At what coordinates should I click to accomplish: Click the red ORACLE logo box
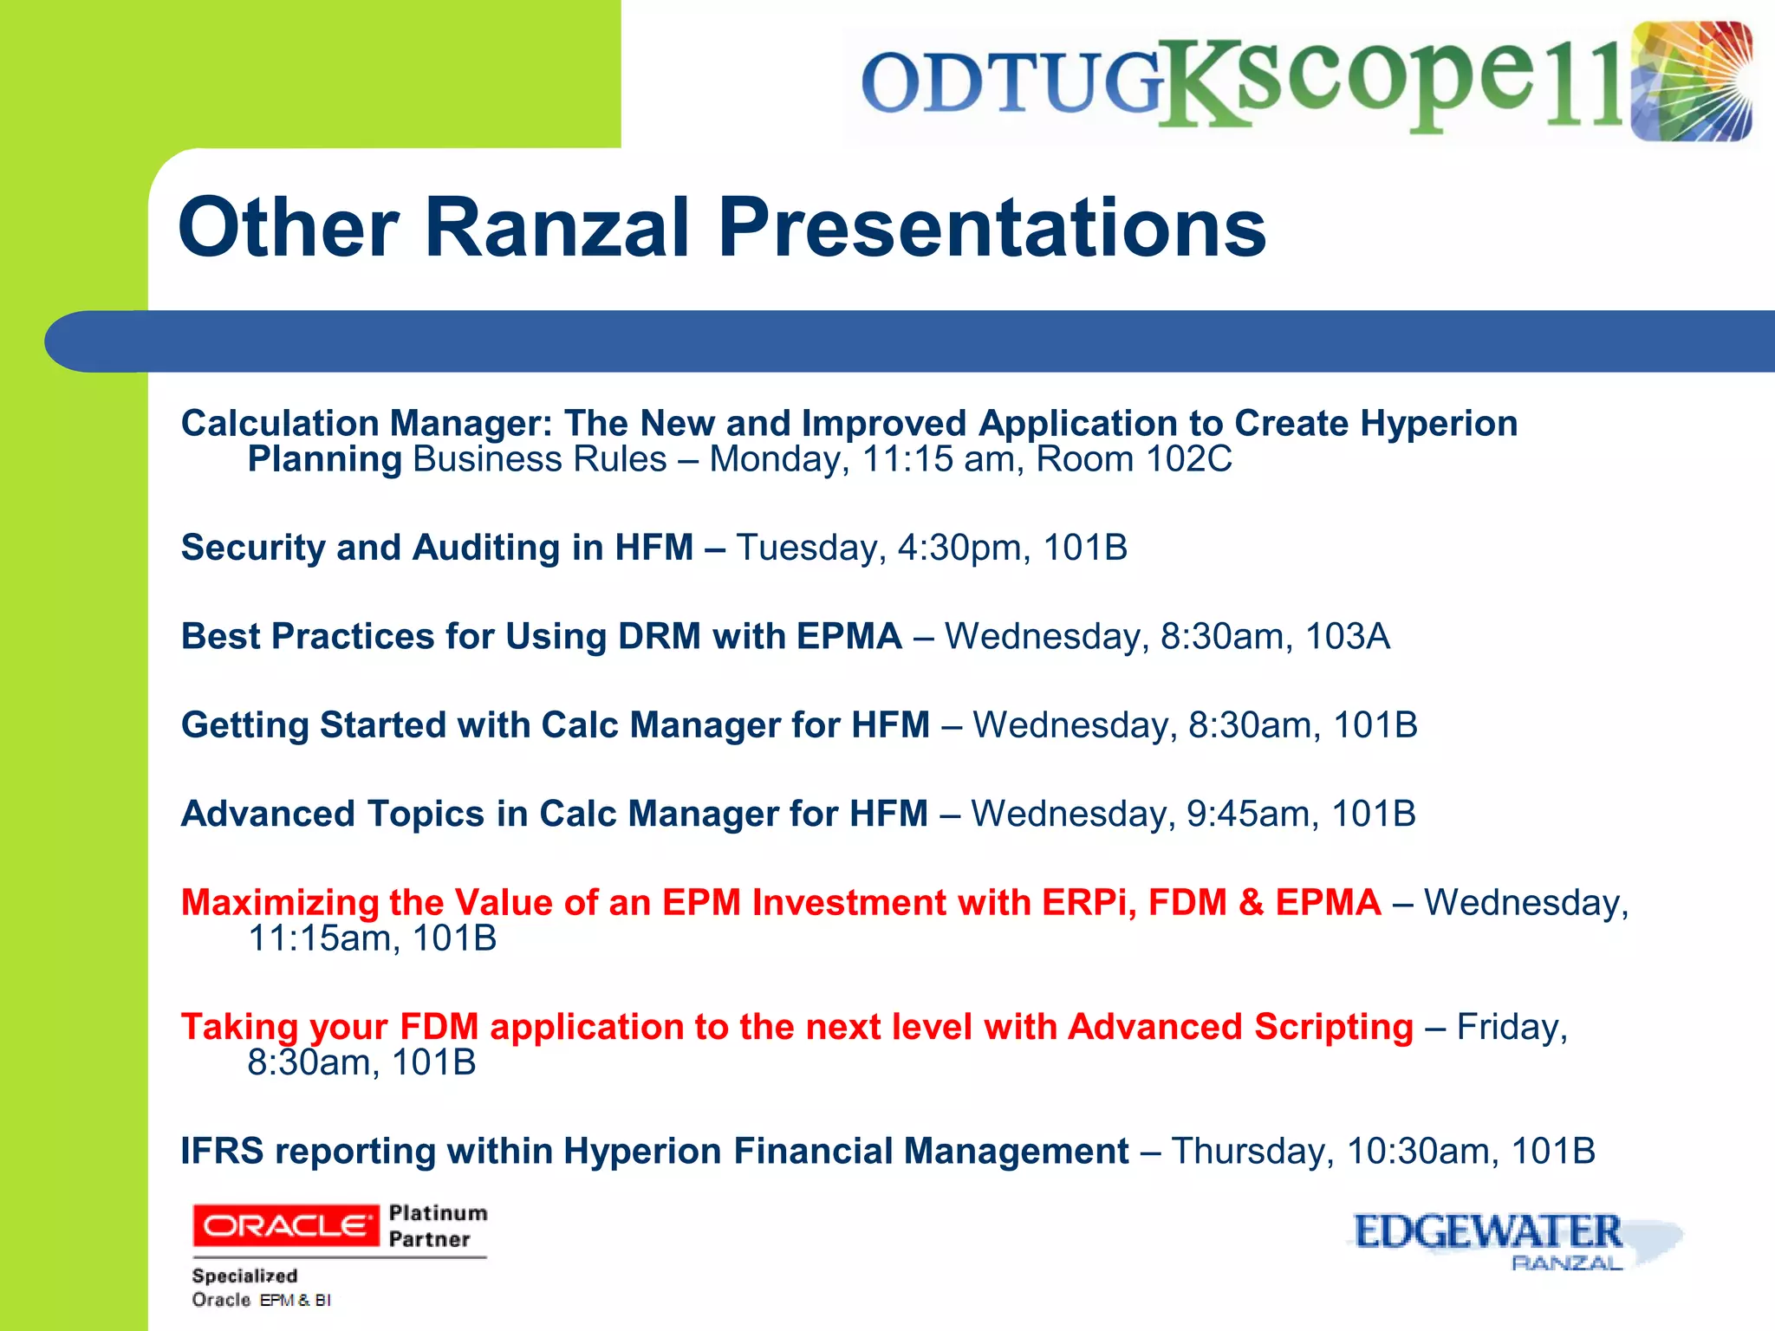coord(285,1225)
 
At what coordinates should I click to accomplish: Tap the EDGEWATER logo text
coord(1487,1232)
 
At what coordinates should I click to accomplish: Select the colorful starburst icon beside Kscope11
coord(1691,81)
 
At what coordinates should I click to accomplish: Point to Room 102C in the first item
coord(1134,459)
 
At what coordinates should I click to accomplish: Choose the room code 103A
coord(1347,637)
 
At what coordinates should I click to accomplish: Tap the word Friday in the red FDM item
coord(1512,1027)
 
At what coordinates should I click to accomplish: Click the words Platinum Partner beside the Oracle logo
coord(437,1225)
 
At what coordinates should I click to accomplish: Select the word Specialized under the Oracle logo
coord(244,1276)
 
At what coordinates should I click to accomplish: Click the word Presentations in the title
coord(992,227)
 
